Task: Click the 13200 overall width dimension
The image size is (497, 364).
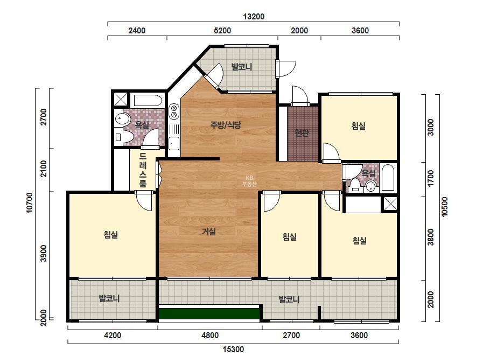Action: pyautogui.click(x=254, y=17)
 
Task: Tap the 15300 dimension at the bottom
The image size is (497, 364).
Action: pyautogui.click(x=233, y=349)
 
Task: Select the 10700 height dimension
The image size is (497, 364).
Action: pyautogui.click(x=30, y=203)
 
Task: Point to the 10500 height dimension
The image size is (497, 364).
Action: pyautogui.click(x=444, y=207)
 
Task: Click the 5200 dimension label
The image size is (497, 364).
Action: pyautogui.click(x=222, y=31)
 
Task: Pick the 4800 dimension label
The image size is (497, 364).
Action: pyautogui.click(x=210, y=335)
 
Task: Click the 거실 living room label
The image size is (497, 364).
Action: pyautogui.click(x=209, y=232)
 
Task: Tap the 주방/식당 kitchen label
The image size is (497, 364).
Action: pyautogui.click(x=226, y=124)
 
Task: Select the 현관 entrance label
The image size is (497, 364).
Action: pyautogui.click(x=302, y=133)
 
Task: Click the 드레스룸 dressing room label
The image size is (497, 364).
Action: pyautogui.click(x=143, y=170)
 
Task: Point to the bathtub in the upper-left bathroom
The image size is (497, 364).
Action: pyautogui.click(x=148, y=101)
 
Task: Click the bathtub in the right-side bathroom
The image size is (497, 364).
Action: pyautogui.click(x=388, y=177)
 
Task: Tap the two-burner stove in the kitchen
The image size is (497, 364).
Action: pyautogui.click(x=174, y=111)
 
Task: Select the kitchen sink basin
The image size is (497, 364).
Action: pyautogui.click(x=174, y=143)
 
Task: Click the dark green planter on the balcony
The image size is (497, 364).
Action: pyautogui.click(x=209, y=313)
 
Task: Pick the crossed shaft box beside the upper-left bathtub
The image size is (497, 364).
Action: pyautogui.click(x=121, y=99)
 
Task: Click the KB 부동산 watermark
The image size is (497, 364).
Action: pyautogui.click(x=249, y=181)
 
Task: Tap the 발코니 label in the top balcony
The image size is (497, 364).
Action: pyautogui.click(x=242, y=67)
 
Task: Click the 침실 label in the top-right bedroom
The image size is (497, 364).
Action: pyautogui.click(x=359, y=126)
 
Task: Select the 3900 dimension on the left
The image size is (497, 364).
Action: pyautogui.click(x=44, y=253)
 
